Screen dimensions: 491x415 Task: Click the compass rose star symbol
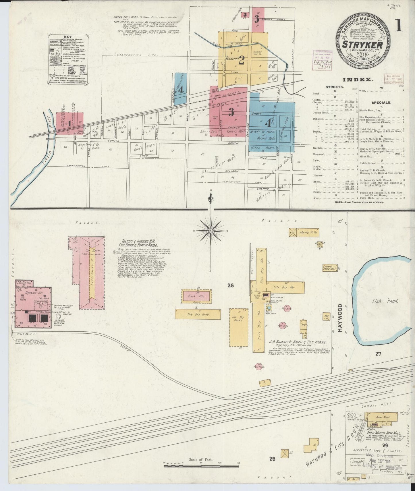pyautogui.click(x=211, y=231)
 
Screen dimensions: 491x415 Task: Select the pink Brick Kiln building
pyautogui.click(x=196, y=296)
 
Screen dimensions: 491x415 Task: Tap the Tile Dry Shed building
pyautogui.click(x=198, y=314)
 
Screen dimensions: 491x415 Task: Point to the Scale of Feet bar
pyautogui.click(x=201, y=465)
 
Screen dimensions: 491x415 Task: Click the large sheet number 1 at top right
pyautogui.click(x=399, y=26)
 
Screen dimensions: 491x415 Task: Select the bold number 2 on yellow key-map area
pyautogui.click(x=241, y=61)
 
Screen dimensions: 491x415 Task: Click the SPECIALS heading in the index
pyautogui.click(x=381, y=102)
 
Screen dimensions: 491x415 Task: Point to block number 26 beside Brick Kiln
pyautogui.click(x=230, y=285)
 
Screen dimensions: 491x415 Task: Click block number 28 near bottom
pyautogui.click(x=272, y=459)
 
